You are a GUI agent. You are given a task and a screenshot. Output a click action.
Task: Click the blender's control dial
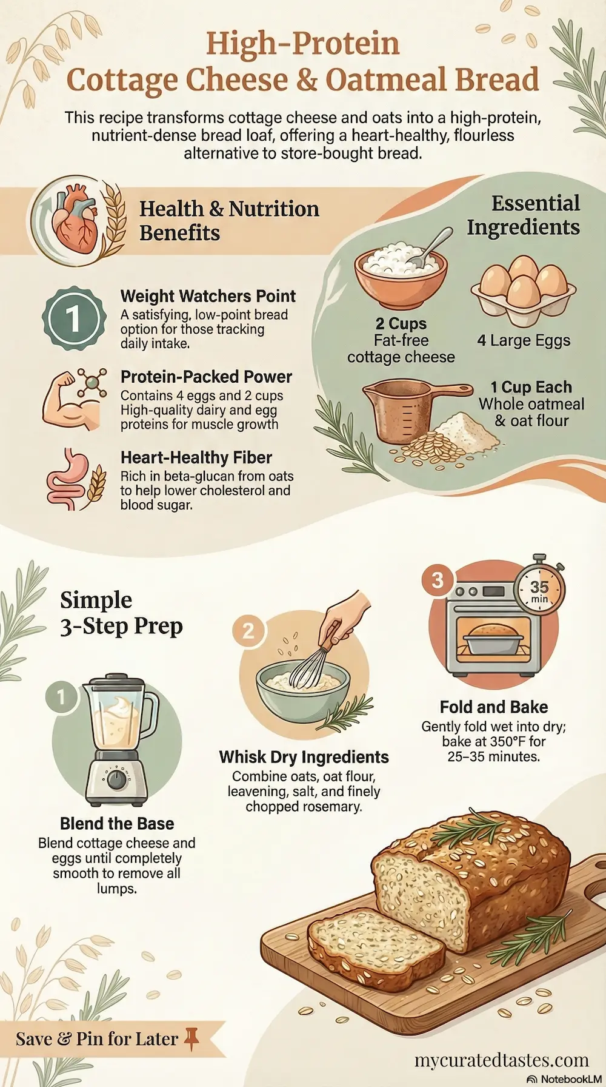pos(116,778)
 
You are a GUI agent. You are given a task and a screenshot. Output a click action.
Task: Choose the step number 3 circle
pos(437,581)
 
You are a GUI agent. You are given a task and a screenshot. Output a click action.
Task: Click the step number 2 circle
pos(248,631)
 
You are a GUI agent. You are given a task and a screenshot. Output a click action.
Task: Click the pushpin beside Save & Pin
pos(191,1037)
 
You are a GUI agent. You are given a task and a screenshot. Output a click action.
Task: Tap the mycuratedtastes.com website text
pos(502,1060)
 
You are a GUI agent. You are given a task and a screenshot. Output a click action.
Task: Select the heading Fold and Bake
pos(494,707)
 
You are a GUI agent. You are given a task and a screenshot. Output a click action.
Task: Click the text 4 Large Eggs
pos(524,340)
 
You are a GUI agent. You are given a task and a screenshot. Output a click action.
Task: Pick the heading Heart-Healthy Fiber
pos(196,457)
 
